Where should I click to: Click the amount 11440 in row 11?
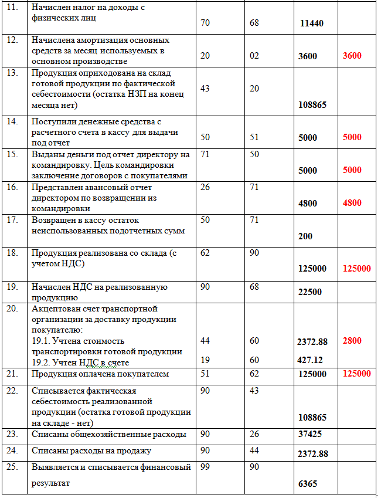tap(311, 24)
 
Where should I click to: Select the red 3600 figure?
tap(352, 56)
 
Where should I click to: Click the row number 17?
tap(12, 221)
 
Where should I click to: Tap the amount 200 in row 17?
tap(305, 236)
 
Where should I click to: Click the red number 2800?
tap(352, 341)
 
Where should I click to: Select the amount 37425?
tap(309, 435)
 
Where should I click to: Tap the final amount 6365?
tap(307, 485)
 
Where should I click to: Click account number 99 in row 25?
tap(205, 467)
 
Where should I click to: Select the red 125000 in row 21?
tap(356, 374)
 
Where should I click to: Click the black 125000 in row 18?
tap(312, 269)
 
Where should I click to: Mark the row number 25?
tap(12, 467)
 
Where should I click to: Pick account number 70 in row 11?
tap(205, 23)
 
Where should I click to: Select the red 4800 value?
tap(352, 203)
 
